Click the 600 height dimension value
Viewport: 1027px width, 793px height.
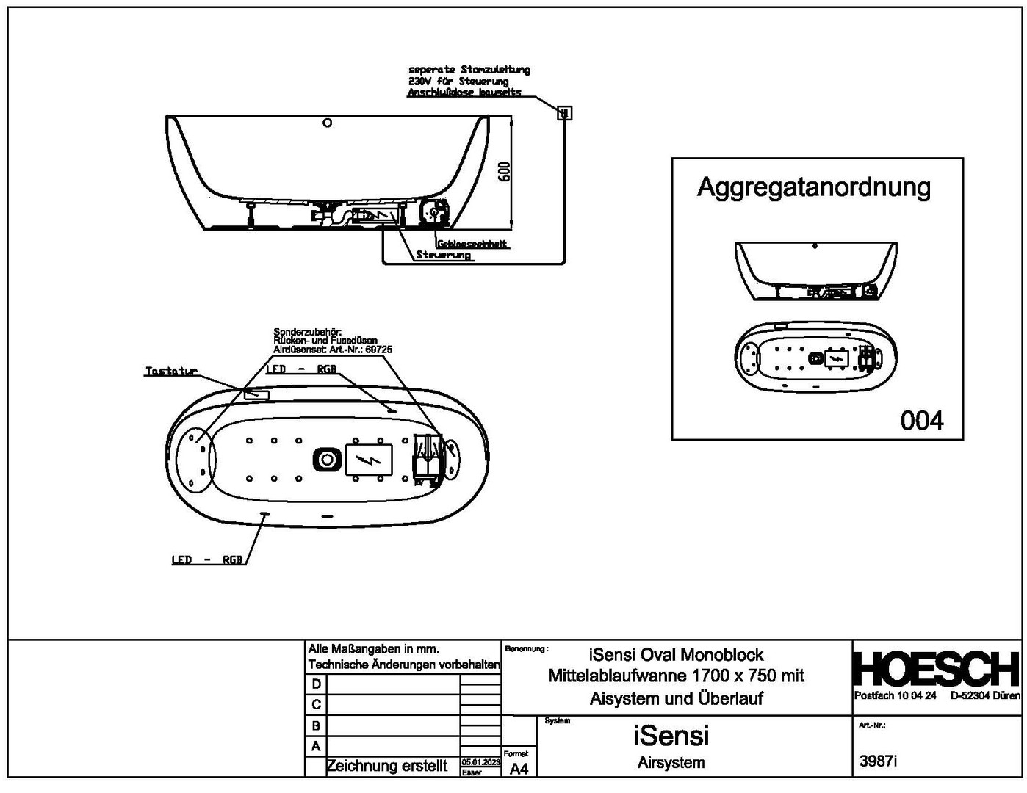tap(504, 173)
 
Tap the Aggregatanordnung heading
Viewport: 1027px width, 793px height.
tap(813, 188)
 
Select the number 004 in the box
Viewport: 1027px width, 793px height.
tap(921, 421)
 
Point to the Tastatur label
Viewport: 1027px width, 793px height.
tap(171, 372)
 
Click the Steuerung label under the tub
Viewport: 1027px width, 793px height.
tap(444, 256)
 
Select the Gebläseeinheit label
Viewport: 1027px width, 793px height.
tap(472, 244)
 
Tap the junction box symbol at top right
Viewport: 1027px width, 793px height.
tap(564, 113)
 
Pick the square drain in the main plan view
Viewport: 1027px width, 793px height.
tap(326, 460)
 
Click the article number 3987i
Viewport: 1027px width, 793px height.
tap(879, 761)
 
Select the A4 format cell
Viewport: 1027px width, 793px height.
tap(519, 769)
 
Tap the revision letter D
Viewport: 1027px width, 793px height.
tap(316, 684)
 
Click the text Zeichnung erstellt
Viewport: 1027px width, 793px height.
tap(386, 767)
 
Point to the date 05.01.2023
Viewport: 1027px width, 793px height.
tap(480, 763)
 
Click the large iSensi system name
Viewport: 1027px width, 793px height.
tap(671, 735)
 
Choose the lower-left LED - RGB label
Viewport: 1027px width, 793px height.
tap(206, 560)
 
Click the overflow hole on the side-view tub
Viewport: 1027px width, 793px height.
tap(328, 123)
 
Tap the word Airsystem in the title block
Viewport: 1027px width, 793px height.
tap(671, 763)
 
